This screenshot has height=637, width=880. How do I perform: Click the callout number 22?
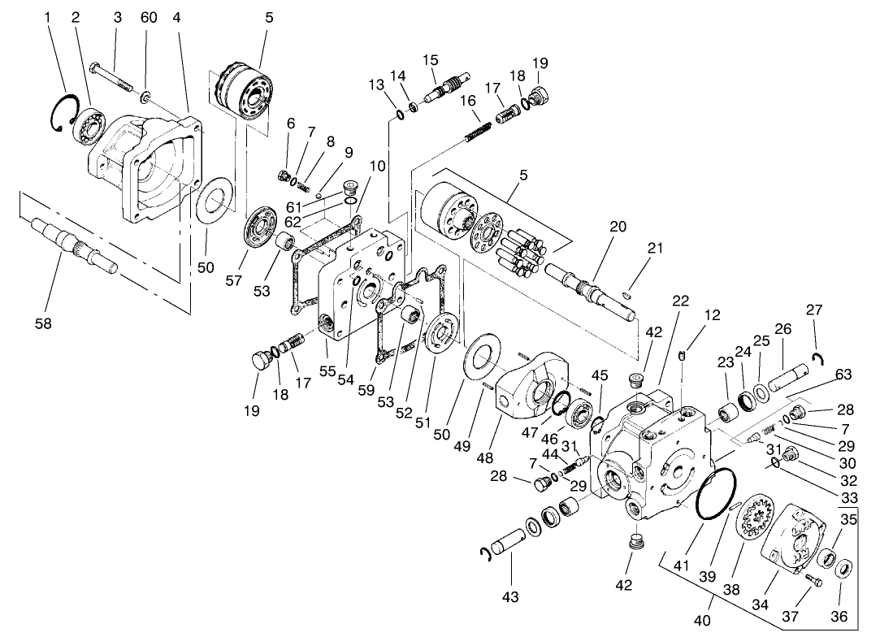680,301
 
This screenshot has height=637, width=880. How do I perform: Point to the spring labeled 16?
480,125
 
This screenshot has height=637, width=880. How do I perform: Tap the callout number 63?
843,374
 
